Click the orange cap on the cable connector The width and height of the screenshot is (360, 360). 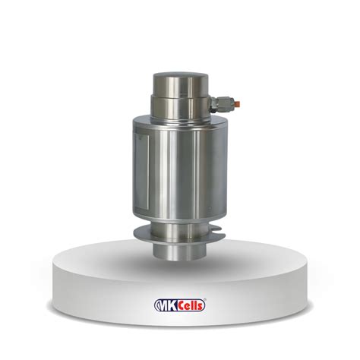[237, 103]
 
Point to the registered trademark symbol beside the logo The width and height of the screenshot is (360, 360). [205, 300]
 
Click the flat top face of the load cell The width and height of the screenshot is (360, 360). [181, 75]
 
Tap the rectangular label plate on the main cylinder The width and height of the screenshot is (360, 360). [142, 172]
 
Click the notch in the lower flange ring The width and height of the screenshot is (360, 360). [217, 229]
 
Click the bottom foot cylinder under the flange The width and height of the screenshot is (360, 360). [180, 251]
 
